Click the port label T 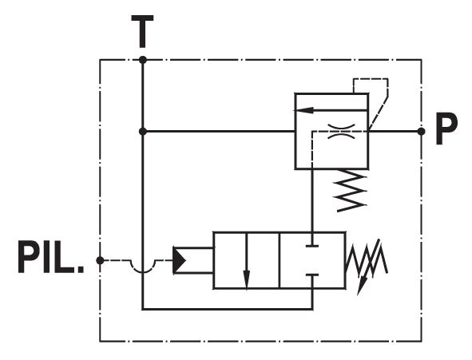(x=142, y=32)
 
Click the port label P (x=446, y=129)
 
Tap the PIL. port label (x=50, y=256)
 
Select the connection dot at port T (x=143, y=60)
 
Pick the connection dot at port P (x=422, y=132)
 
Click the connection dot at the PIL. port (x=100, y=260)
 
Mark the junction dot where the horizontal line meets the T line (x=143, y=132)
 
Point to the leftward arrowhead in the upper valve (x=304, y=110)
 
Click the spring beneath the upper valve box (x=351, y=190)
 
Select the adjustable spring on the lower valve (x=367, y=260)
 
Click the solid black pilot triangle (x=180, y=260)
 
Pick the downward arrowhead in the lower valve (x=247, y=279)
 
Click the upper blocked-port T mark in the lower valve (x=312, y=246)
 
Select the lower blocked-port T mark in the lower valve (x=312, y=275)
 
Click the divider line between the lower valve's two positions (x=280, y=260)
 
